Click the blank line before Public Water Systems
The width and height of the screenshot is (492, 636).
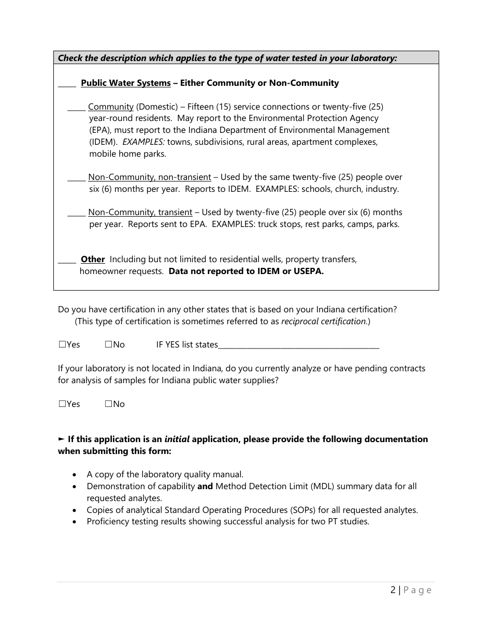tap(67, 85)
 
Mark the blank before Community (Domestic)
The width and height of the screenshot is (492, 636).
tap(76, 109)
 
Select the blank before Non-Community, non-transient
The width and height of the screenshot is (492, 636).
tap(76, 179)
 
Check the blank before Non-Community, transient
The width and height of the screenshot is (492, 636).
tap(76, 215)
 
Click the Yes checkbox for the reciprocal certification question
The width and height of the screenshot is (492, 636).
tap(62, 344)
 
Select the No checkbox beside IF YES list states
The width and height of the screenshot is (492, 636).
tap(108, 344)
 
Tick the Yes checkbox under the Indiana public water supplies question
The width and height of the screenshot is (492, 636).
tap(62, 404)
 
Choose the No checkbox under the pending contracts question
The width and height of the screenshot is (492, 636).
tap(108, 404)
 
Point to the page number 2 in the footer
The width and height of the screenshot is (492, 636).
tap(393, 590)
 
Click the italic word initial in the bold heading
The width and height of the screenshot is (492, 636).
tap(177, 439)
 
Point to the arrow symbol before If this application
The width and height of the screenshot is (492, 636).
tap(61, 439)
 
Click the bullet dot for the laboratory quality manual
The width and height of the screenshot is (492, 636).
tap(76, 475)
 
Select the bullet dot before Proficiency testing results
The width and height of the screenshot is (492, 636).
tap(76, 522)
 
